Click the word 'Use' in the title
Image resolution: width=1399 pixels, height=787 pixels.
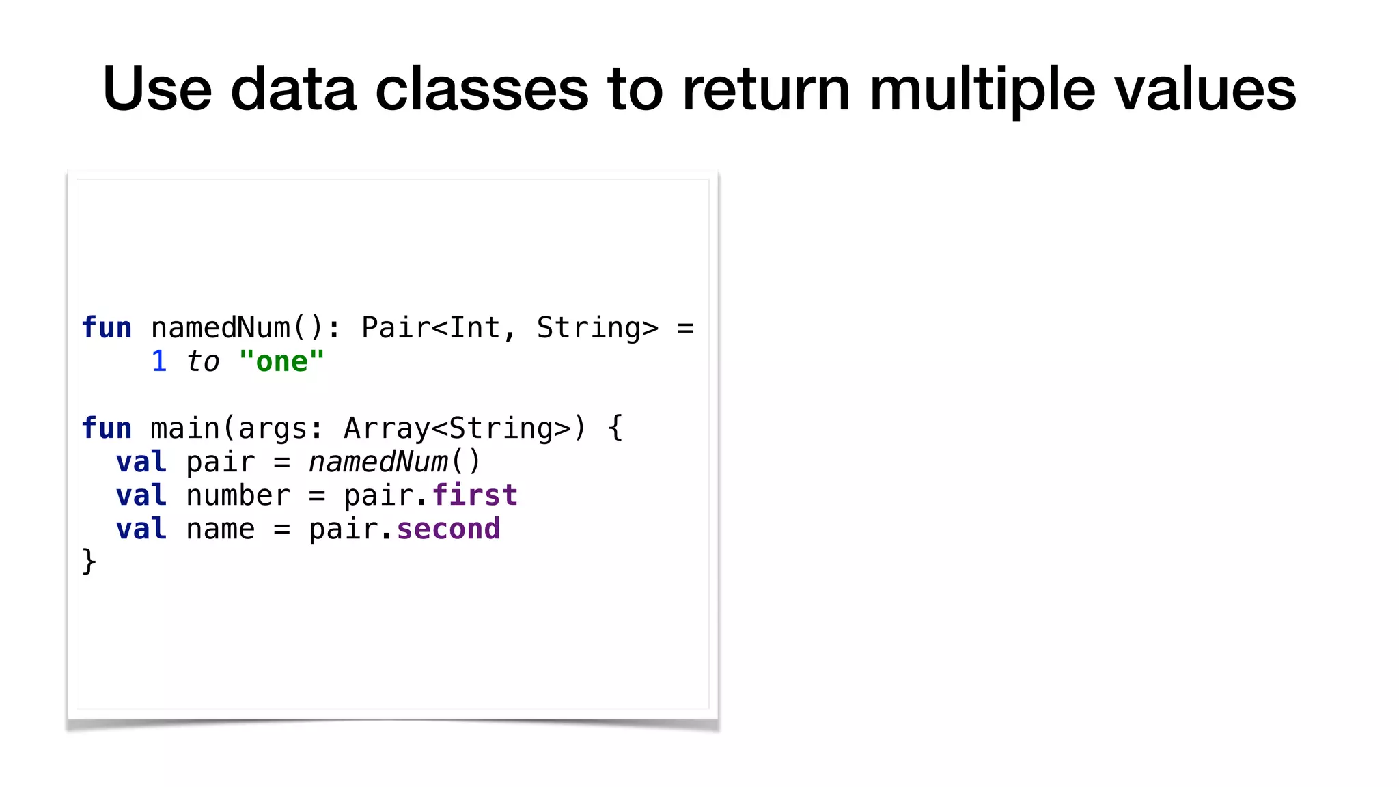coord(156,89)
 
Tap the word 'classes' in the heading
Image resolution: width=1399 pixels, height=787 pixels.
coord(482,89)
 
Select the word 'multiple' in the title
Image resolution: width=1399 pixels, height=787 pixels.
coord(982,89)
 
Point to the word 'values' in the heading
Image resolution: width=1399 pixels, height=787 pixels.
coord(1206,89)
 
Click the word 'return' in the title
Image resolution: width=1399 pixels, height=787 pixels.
coord(766,89)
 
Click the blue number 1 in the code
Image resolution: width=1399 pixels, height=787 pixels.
coord(159,361)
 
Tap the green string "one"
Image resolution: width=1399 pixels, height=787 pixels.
coord(281,361)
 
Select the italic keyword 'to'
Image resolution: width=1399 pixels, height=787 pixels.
coord(203,361)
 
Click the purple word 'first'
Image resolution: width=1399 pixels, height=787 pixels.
coord(475,495)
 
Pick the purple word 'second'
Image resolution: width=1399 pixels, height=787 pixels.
coord(448,529)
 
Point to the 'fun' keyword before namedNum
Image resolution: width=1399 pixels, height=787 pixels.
coord(107,328)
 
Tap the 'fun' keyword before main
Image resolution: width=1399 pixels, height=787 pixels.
coord(107,428)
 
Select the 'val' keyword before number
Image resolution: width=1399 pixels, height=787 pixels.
coord(141,495)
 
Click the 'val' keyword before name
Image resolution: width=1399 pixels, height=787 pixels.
coord(141,529)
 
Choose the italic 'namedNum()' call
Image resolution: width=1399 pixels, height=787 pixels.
coord(394,462)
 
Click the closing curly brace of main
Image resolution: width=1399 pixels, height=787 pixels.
coord(89,562)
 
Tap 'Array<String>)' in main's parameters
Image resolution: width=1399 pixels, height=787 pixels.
coord(465,428)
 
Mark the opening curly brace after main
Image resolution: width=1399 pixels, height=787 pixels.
coord(615,428)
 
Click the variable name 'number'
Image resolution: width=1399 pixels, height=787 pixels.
coord(238,495)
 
